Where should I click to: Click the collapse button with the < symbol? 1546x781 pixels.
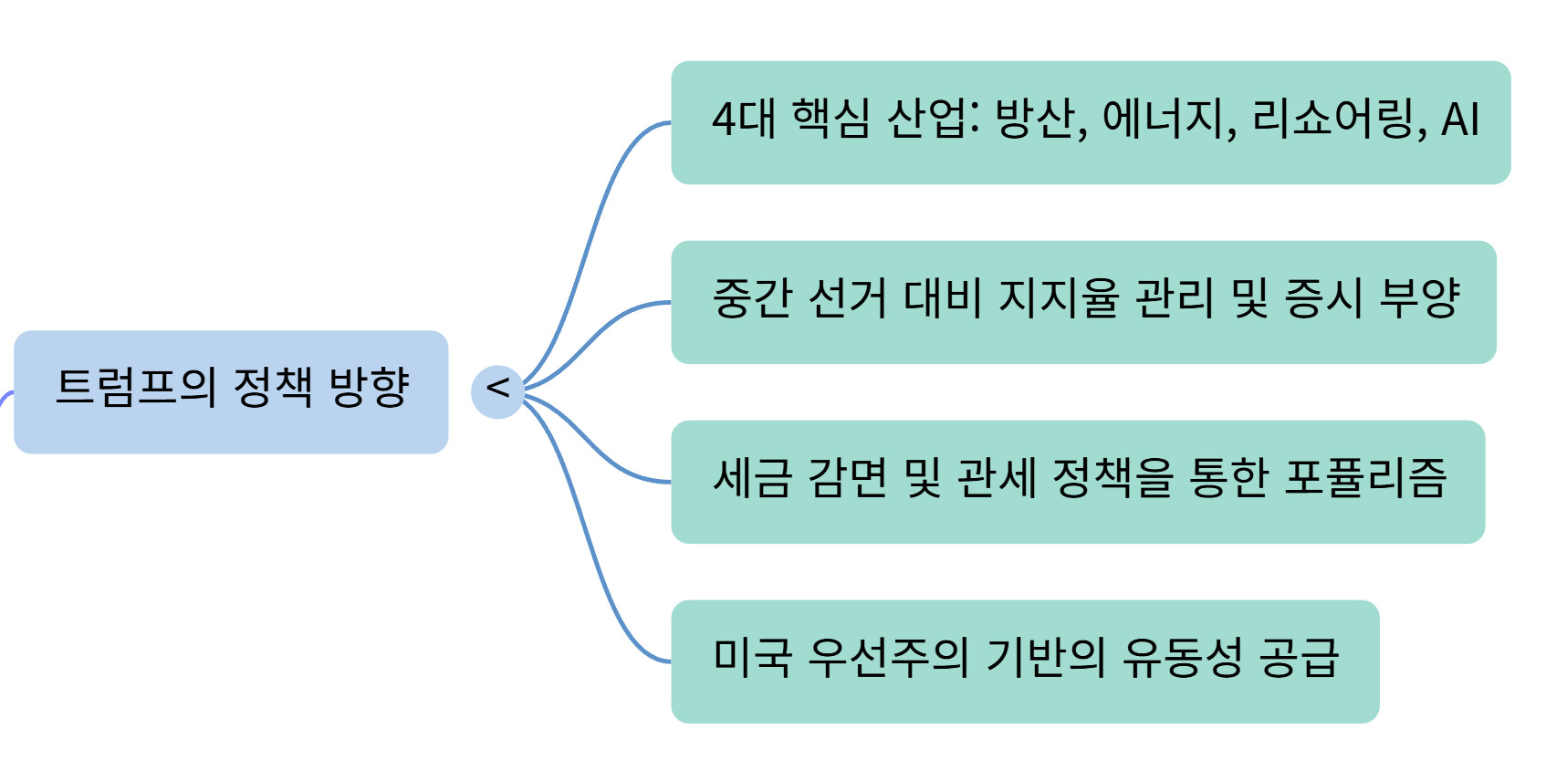point(497,391)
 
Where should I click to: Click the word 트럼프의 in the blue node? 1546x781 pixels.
point(136,388)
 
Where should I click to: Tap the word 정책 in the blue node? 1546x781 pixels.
point(273,388)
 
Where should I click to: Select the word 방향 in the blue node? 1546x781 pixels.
point(369,388)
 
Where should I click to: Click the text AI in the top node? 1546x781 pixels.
point(1459,120)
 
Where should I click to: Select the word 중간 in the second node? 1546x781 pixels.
point(752,299)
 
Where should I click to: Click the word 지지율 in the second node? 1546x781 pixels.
point(1059,299)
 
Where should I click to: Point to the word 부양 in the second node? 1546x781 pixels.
point(1420,299)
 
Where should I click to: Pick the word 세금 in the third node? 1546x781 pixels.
point(752,479)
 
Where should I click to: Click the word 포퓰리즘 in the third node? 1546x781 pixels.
point(1365,479)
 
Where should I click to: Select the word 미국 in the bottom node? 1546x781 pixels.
point(752,659)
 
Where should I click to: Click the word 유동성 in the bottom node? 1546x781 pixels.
point(1182,659)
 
